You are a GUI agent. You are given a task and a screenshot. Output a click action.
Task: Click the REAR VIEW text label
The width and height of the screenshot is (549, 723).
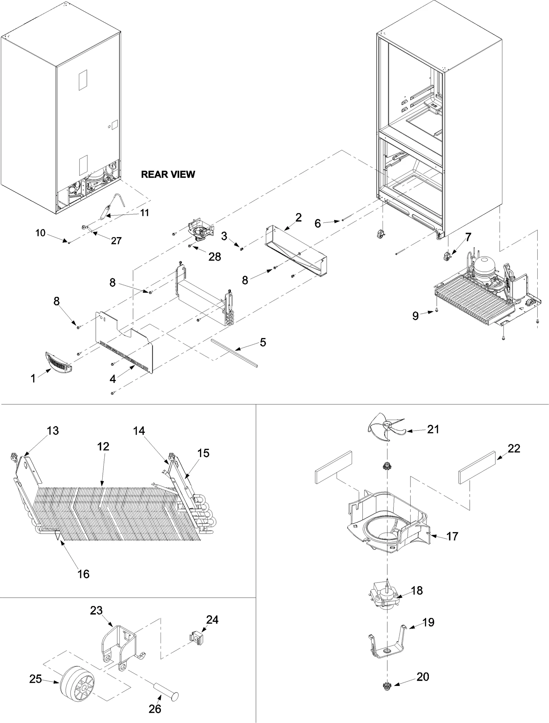click(x=168, y=174)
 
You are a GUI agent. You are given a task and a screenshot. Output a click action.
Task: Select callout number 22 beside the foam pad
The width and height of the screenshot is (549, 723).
click(x=514, y=448)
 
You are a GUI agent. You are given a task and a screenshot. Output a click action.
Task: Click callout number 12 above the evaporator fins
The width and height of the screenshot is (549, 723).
click(x=103, y=446)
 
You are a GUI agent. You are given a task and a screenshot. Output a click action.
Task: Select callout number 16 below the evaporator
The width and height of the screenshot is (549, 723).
click(x=83, y=574)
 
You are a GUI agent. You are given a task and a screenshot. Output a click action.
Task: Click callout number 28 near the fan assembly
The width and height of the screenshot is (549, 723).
click(x=215, y=256)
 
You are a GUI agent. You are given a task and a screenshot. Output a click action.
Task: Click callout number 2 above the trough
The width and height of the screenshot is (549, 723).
click(x=298, y=217)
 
